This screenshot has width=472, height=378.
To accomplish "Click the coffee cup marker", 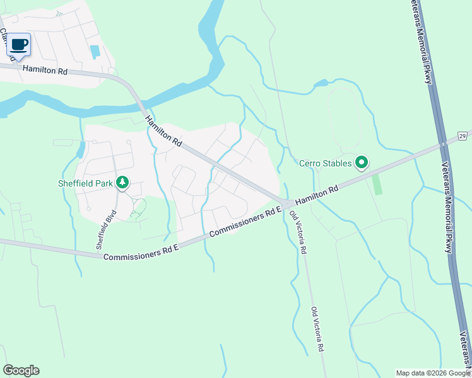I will (19, 45).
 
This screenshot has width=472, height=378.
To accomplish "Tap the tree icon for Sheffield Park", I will (122, 183).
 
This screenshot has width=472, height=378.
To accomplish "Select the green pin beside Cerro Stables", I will (362, 163).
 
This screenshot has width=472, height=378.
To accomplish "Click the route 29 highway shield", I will (463, 135).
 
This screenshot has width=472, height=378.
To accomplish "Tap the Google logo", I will (21, 370).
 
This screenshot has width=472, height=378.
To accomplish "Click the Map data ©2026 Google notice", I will (433, 373).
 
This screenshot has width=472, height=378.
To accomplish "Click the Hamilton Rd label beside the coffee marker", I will (45, 71).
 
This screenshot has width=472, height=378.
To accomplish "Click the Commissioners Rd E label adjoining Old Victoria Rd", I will (244, 223).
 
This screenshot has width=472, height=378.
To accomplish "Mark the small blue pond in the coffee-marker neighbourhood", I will (95, 52).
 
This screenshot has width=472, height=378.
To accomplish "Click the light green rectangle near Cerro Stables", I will (377, 185).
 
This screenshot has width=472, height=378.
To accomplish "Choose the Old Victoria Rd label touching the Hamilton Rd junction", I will (298, 232).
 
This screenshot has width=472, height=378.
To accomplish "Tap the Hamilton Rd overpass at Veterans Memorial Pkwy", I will (443, 144).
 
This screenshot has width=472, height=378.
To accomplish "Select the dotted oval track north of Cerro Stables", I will (344, 120).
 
